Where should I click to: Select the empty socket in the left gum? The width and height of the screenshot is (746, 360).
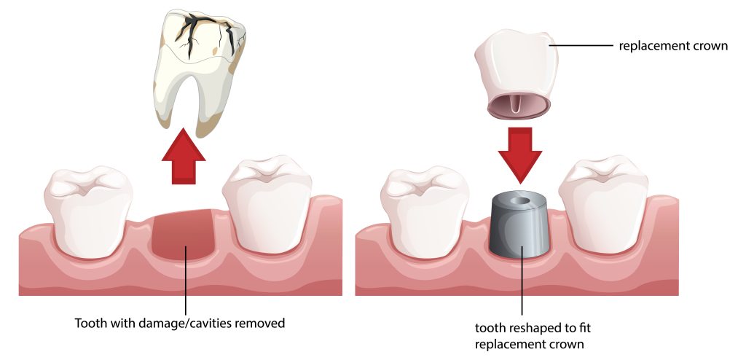pyautogui.click(x=183, y=235)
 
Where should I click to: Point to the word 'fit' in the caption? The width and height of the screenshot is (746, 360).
pyautogui.click(x=585, y=328)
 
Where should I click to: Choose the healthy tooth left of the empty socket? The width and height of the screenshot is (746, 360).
pyautogui.click(x=88, y=211)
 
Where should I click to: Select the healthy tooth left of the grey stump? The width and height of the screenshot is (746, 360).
pyautogui.click(x=425, y=211)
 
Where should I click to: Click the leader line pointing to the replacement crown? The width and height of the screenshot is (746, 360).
pyautogui.click(x=581, y=46)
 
